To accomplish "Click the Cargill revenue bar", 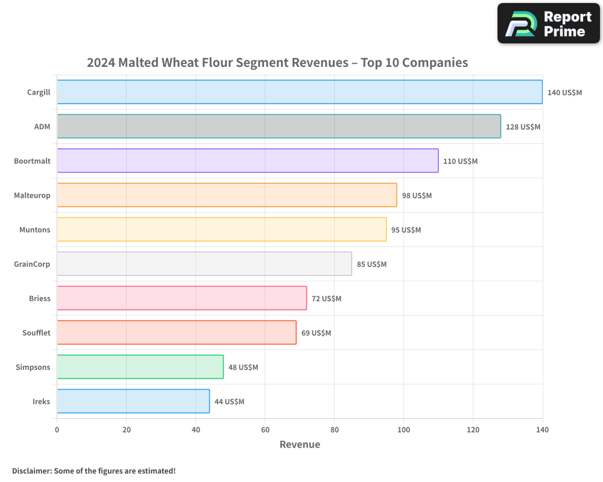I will point(300,92).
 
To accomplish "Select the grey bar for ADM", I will point(279,127).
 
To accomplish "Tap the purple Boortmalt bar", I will point(247,161).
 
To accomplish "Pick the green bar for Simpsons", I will point(140,367).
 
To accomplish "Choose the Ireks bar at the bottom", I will point(133,401).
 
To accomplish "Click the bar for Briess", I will point(182,298).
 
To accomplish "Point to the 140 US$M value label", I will point(564,93).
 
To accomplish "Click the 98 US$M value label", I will point(417,196).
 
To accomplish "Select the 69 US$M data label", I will point(316,333).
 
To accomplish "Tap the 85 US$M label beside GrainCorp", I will point(371,264).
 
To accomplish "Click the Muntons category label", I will point(35,230).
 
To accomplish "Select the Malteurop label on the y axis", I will point(32,196).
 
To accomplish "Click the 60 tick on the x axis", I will point(265,430).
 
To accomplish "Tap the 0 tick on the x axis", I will point(57,430).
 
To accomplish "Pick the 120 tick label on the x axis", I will point(473,430).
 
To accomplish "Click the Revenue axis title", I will point(300,445).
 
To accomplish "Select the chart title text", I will point(277,63).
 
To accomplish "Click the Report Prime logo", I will point(549,24).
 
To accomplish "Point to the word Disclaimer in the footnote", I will point(31,471).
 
